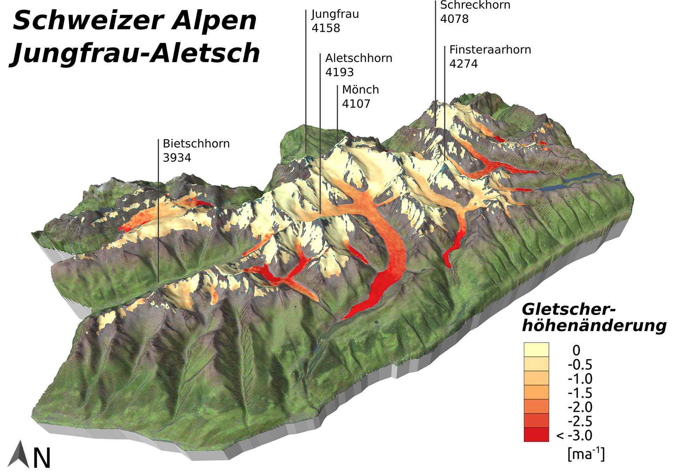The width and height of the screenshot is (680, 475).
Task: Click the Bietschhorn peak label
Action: (x=196, y=144)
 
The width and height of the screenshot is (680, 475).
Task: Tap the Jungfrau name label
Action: (x=335, y=14)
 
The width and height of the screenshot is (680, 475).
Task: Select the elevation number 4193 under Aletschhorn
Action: (x=339, y=72)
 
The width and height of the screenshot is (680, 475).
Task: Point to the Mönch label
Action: (x=360, y=90)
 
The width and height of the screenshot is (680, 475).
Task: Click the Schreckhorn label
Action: (x=475, y=5)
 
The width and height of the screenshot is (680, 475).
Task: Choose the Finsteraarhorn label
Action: (x=490, y=50)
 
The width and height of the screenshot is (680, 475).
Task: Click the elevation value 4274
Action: (x=463, y=64)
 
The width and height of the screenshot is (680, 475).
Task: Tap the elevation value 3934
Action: (x=177, y=158)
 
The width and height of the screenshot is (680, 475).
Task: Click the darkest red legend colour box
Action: (x=536, y=435)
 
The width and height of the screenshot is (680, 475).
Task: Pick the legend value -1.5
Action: (x=580, y=393)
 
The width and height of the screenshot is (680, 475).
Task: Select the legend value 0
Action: (x=576, y=350)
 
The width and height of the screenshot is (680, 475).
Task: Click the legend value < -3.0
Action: (x=574, y=435)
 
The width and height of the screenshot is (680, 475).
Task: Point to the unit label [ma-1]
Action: (x=586, y=454)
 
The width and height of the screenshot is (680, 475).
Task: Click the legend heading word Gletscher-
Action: (x=569, y=310)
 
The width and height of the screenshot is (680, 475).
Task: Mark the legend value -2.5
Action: (x=580, y=421)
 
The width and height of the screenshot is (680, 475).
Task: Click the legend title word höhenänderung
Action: (x=594, y=326)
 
